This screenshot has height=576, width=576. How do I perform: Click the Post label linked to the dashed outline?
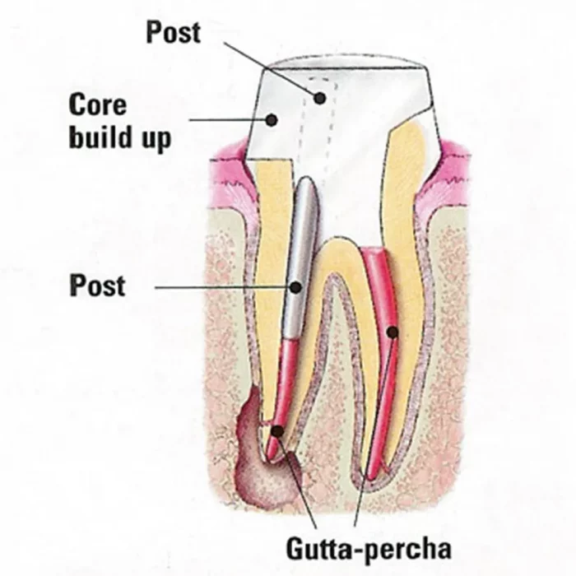coord(174,32)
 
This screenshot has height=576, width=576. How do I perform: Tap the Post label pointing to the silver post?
coord(97,286)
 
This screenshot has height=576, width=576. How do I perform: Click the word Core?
coord(98,105)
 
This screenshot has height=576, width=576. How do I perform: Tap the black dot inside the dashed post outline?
coord(319,98)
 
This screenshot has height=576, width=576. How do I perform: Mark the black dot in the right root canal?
coord(393,332)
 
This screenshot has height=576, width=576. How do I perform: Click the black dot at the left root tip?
coord(277,430)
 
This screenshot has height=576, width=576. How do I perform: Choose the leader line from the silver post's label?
coord(222,287)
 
